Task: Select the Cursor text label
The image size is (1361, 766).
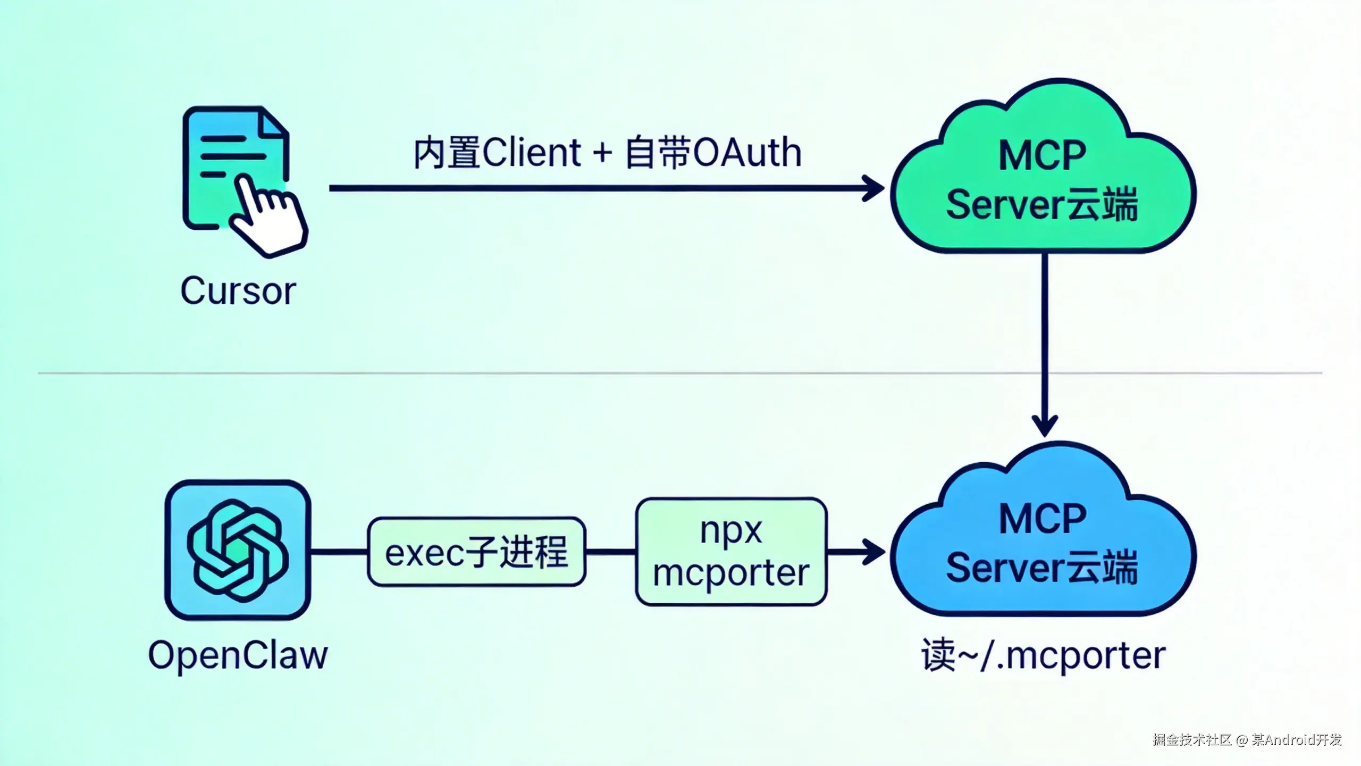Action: point(238,291)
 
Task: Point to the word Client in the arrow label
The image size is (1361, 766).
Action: point(532,153)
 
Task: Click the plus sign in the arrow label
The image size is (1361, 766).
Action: point(602,153)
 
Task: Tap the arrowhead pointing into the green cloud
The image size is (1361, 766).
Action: point(875,188)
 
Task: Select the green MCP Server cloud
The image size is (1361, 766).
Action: point(1042,176)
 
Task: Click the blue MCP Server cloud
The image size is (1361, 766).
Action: point(1042,537)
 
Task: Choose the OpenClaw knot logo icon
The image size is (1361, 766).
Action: point(238,550)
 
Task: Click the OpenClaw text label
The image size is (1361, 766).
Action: point(238,655)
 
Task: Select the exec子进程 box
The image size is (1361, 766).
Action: point(476,552)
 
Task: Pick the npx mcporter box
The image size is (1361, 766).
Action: point(731,552)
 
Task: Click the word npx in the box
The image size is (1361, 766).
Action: point(731,530)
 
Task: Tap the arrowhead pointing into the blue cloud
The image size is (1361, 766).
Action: point(875,552)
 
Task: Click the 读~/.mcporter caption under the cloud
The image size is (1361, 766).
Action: point(1043,655)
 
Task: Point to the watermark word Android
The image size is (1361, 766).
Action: point(1287,740)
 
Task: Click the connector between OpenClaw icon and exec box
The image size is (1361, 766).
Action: point(339,552)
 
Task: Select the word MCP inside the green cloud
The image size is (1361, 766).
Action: point(1042,156)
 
